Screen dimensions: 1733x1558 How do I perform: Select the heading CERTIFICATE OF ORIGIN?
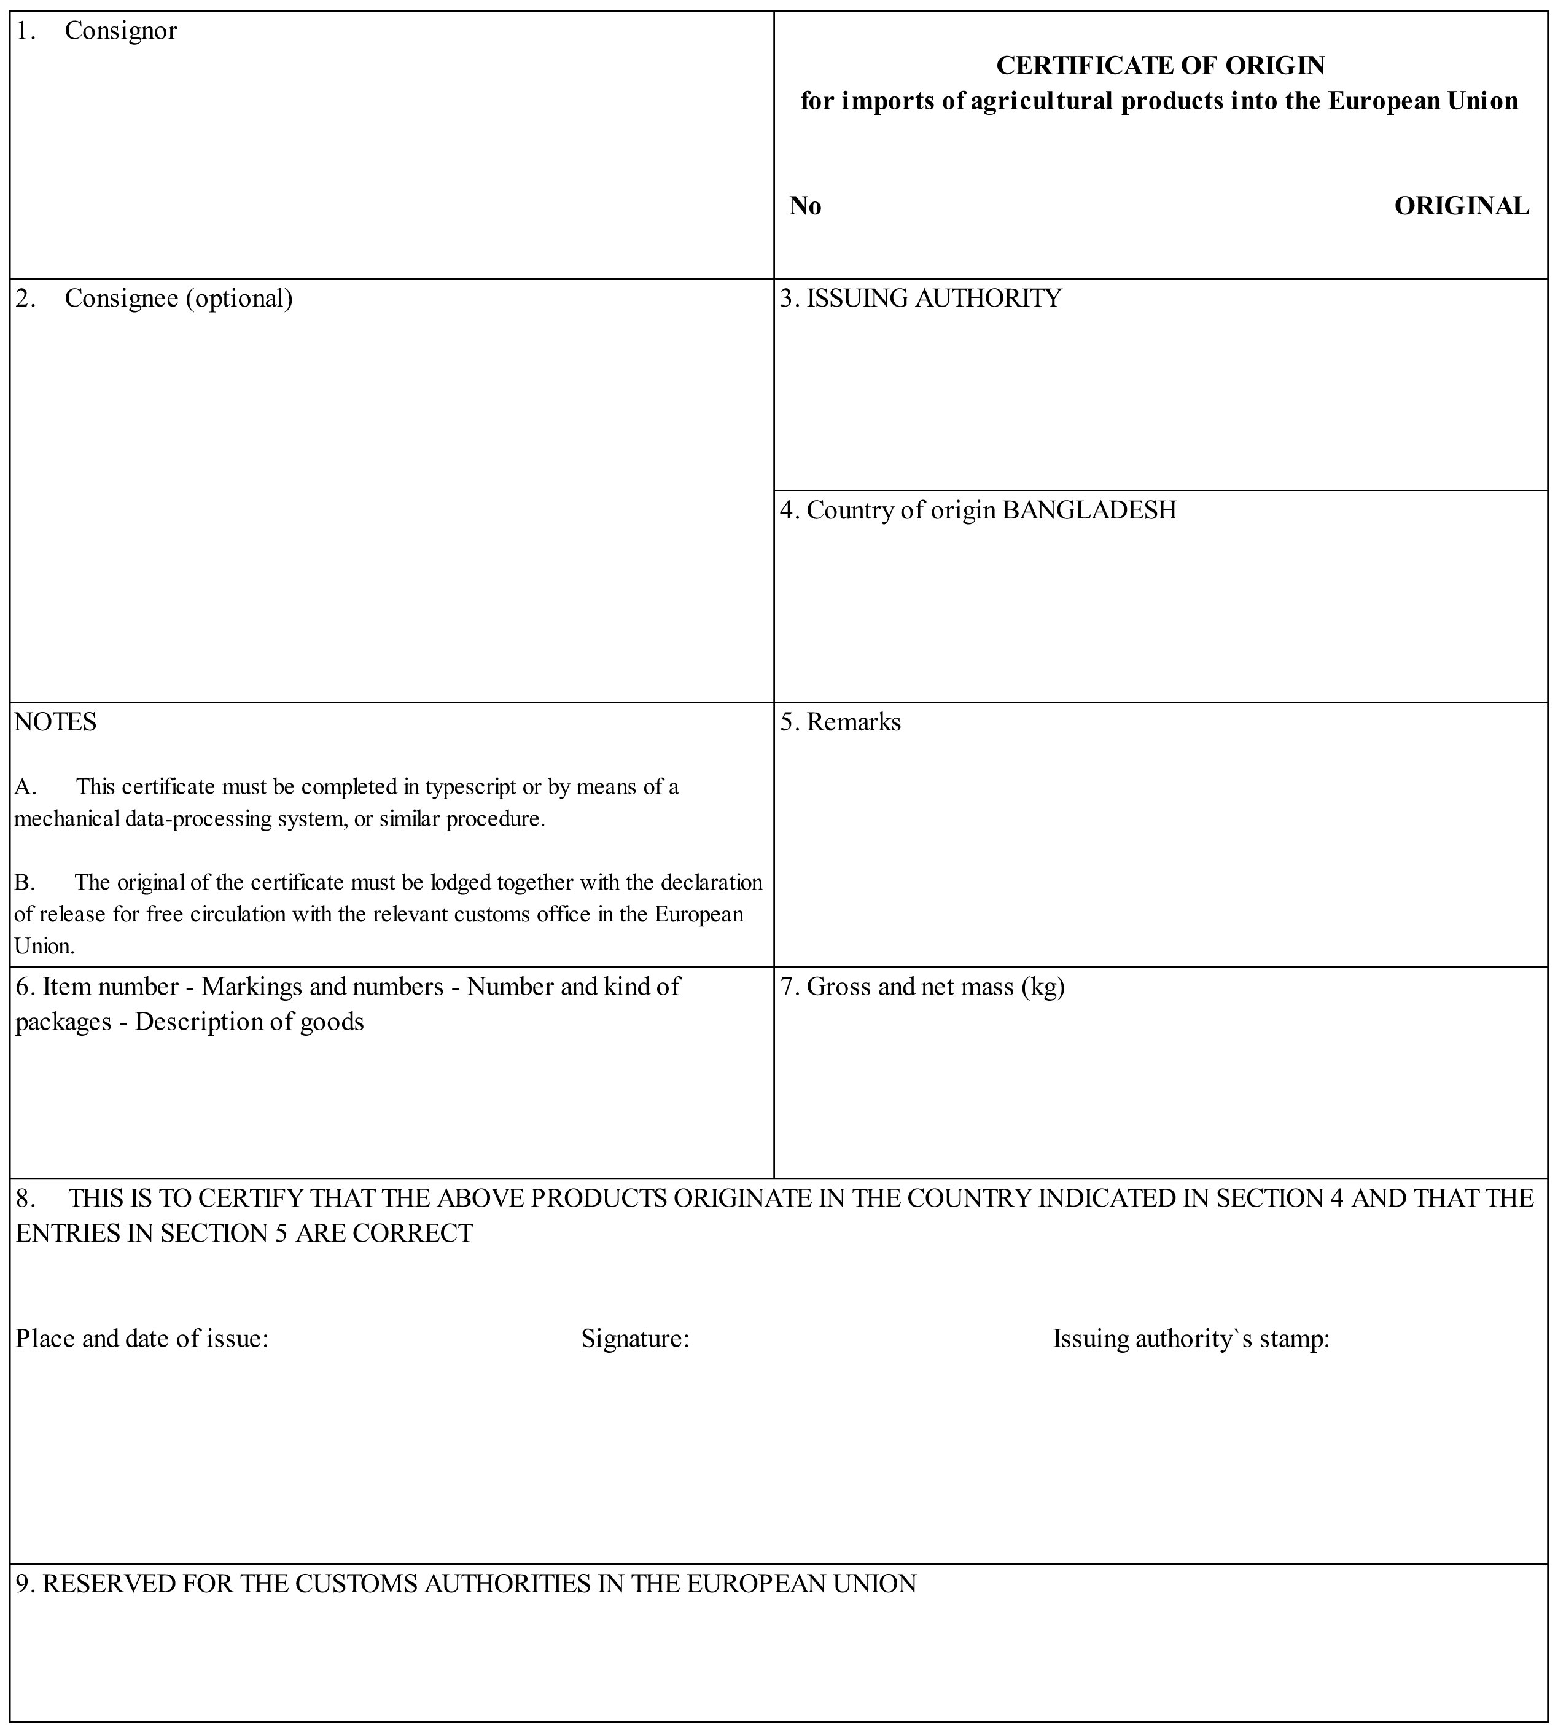[1160, 65]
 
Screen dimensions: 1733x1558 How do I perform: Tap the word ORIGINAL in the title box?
[1461, 206]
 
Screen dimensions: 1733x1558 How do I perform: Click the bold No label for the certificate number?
[804, 206]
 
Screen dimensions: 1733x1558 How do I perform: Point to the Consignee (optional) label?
[178, 299]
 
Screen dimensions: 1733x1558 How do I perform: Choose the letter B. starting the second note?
[24, 883]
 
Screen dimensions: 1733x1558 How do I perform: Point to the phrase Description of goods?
[249, 1022]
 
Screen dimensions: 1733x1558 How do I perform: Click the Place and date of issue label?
[142, 1338]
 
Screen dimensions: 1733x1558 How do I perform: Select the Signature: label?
[635, 1338]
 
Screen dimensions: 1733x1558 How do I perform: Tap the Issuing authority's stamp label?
[1191, 1338]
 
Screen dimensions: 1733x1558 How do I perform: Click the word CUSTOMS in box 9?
[356, 1584]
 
